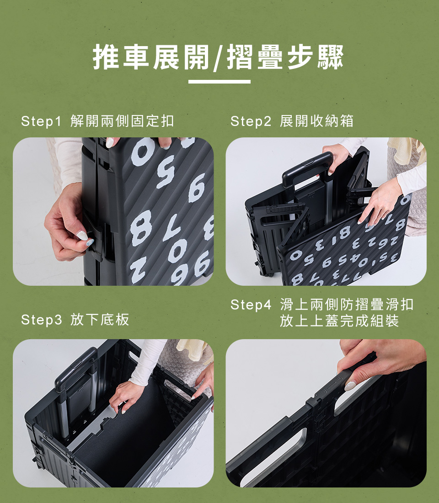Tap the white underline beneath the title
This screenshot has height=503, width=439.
pyautogui.click(x=219, y=82)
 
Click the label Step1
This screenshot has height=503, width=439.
pyautogui.click(x=41, y=121)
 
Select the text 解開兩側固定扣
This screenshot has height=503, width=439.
pyautogui.click(x=122, y=121)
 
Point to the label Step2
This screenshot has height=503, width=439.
pyautogui.click(x=251, y=121)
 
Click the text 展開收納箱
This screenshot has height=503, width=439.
pyautogui.click(x=316, y=121)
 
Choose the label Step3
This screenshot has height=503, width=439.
pyautogui.click(x=41, y=320)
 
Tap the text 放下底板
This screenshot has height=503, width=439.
pyautogui.click(x=100, y=320)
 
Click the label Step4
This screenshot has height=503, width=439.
pyautogui.click(x=251, y=305)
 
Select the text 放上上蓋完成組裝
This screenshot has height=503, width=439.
pyautogui.click(x=339, y=321)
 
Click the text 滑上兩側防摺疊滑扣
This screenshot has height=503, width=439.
pyautogui.click(x=347, y=304)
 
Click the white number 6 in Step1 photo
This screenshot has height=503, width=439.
pyautogui.click(x=196, y=188)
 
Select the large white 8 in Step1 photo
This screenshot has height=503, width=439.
pyautogui.click(x=141, y=227)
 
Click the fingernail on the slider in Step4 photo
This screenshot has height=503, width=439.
pyautogui.click(x=350, y=386)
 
